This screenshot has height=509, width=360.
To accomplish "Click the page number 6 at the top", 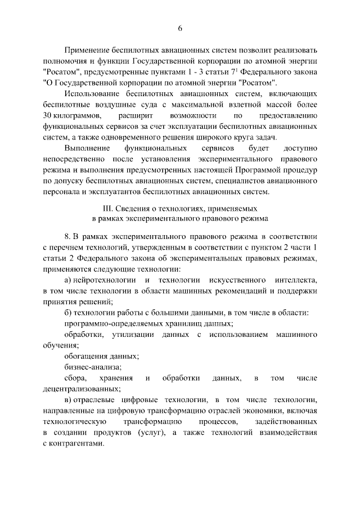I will [180, 29].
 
